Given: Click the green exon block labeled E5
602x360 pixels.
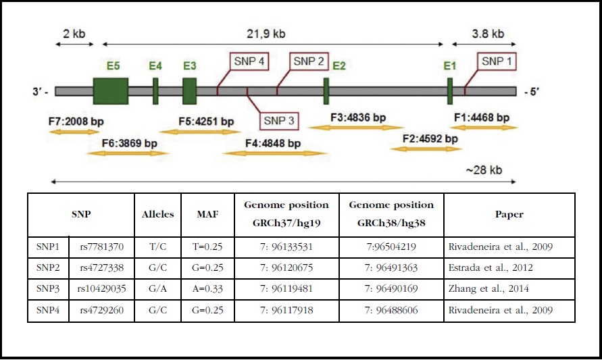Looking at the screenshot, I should [111, 91].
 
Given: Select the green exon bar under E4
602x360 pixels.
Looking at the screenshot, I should [155, 91].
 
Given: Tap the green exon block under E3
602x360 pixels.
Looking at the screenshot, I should [190, 91].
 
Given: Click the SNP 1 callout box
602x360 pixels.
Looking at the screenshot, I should [497, 61].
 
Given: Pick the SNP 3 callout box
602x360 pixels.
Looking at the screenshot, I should [279, 121].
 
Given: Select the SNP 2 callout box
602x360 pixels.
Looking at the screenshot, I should [309, 61].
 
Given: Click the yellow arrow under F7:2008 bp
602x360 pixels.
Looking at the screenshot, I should [74, 132].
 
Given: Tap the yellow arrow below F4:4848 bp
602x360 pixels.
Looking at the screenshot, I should [273, 153].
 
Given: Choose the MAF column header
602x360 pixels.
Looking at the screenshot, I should [207, 214].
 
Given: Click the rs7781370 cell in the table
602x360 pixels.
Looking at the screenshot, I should [102, 247].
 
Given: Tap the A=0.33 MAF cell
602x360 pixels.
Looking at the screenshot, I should [207, 289].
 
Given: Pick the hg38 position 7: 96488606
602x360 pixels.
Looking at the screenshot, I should [391, 310].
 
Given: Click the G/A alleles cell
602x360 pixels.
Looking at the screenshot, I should [157, 289].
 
